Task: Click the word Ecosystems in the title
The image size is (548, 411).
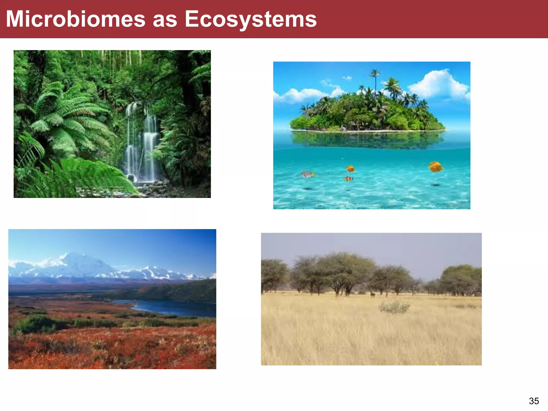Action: pos(251,19)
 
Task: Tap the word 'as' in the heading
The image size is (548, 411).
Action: pos(165,20)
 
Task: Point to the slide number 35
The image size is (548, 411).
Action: pos(534,401)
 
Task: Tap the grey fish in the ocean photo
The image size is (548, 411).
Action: pos(308,174)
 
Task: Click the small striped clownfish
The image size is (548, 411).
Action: pos(348,179)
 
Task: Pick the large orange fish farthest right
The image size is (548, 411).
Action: pos(436,167)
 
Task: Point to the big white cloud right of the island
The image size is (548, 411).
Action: pos(439,84)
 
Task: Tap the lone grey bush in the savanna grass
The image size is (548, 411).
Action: pos(394,307)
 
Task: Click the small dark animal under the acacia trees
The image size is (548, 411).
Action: pos(372,295)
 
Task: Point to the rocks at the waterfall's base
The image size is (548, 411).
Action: pos(150,187)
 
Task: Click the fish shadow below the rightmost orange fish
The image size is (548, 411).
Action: pos(435,185)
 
